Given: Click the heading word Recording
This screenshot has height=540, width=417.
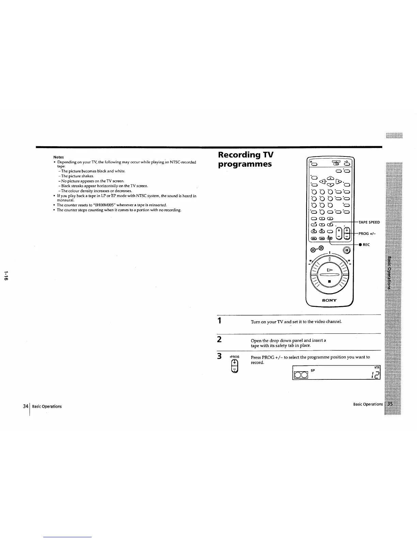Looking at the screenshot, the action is click(240, 155).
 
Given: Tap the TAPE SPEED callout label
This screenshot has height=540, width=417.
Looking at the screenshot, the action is click(369, 222).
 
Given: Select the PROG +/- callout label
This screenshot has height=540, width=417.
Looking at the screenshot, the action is click(367, 234).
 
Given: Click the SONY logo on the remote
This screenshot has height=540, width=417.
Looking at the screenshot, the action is click(329, 300).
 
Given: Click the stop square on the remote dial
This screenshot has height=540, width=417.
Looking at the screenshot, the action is click(329, 282).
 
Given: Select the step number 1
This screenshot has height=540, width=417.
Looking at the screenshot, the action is click(220, 321).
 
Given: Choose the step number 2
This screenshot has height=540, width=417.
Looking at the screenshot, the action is click(220, 339).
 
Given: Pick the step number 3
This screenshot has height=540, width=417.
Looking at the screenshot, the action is click(220, 357).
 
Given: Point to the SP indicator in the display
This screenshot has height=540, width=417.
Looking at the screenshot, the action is click(313, 370).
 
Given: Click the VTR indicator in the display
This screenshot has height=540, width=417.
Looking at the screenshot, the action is click(377, 368).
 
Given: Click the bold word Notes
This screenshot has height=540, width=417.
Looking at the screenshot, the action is click(59, 157).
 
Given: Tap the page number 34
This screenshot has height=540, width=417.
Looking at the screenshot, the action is click(25, 406).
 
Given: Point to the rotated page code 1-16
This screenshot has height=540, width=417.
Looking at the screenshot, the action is click(6, 276).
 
